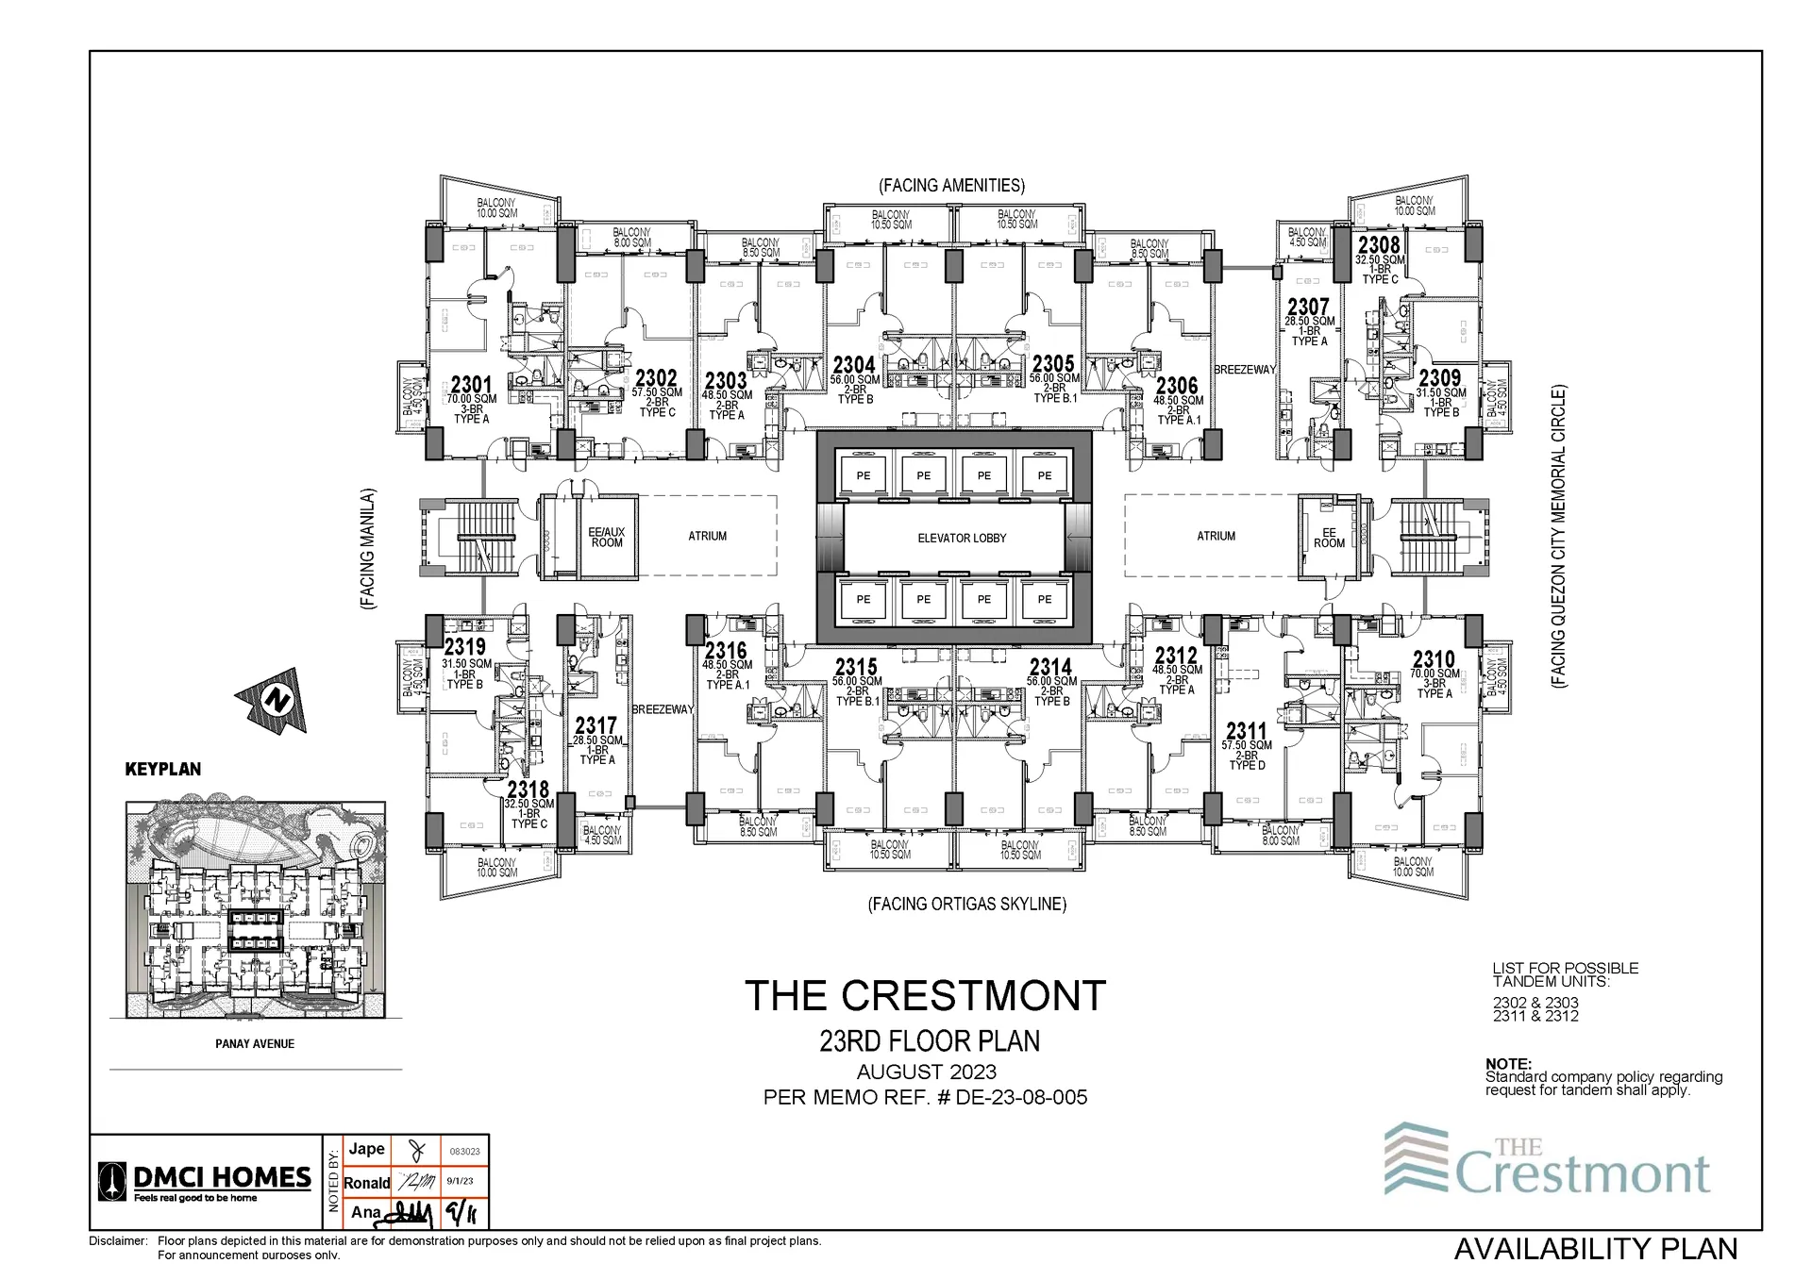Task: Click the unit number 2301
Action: (x=471, y=384)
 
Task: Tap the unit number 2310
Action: (x=1434, y=658)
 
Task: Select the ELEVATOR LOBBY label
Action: (x=962, y=538)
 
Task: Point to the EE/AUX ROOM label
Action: (x=607, y=537)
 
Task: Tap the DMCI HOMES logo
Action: (x=205, y=1180)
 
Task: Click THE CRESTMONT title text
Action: (x=925, y=996)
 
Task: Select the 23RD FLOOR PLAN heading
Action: (x=930, y=1041)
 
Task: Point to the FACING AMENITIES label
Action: (x=951, y=186)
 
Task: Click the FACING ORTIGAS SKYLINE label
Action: (x=966, y=904)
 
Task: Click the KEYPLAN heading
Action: (x=163, y=769)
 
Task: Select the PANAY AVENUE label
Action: (x=255, y=1043)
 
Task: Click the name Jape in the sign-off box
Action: (x=366, y=1148)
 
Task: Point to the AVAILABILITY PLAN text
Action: (x=1595, y=1248)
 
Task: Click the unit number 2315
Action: (x=856, y=667)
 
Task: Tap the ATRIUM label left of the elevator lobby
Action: (x=707, y=536)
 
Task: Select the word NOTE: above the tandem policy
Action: (x=1508, y=1064)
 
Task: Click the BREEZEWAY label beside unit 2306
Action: (x=1244, y=370)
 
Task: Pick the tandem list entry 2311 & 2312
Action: (x=1535, y=1016)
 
